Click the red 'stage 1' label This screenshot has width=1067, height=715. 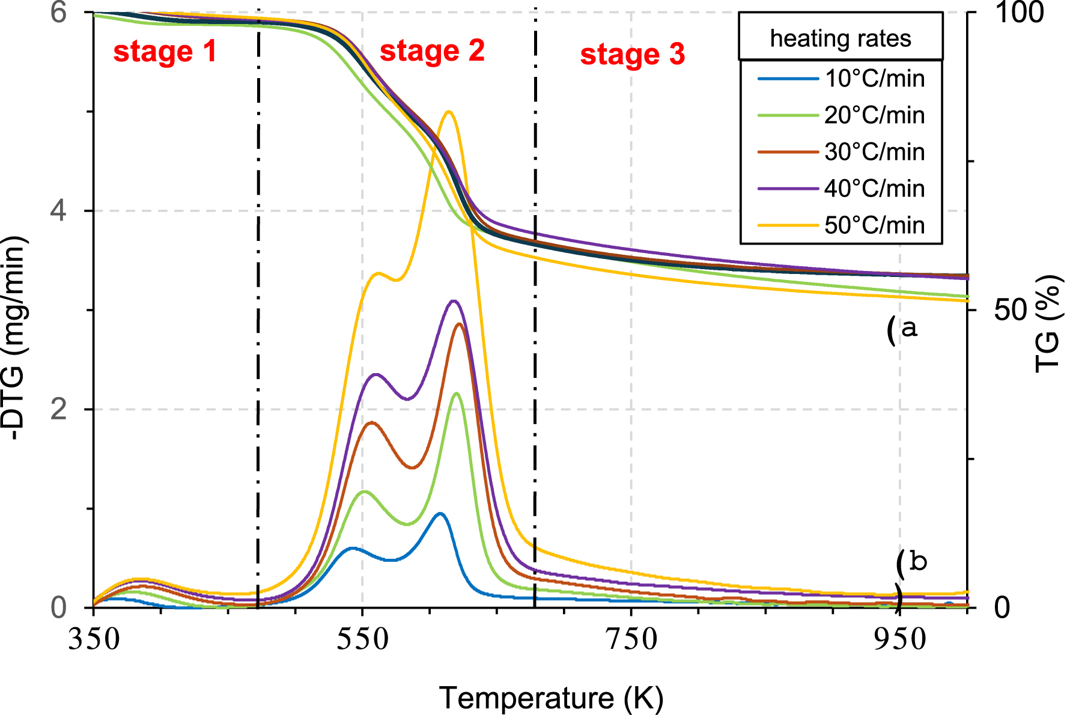click(165, 52)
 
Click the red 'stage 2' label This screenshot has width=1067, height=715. click(432, 50)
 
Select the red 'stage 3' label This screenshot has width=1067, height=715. click(632, 54)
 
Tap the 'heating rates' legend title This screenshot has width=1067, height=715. click(841, 38)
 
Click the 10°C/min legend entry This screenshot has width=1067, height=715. click(874, 79)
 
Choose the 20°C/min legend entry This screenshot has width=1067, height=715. click(874, 115)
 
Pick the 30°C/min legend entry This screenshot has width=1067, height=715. click(874, 152)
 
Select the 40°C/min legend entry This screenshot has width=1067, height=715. click(874, 189)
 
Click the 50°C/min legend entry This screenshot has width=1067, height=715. click(874, 225)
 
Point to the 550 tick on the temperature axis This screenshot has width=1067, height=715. click(362, 639)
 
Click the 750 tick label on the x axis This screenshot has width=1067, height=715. click(631, 639)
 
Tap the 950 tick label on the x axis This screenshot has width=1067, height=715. click(899, 639)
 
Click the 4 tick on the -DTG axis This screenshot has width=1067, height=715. click(58, 211)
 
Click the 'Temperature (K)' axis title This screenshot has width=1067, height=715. click(551, 698)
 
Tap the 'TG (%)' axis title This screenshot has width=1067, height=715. click(1048, 324)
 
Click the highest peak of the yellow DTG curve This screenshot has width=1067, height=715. click(448, 112)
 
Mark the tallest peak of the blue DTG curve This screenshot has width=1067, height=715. click(440, 513)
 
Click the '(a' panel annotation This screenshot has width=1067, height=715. click(902, 329)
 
